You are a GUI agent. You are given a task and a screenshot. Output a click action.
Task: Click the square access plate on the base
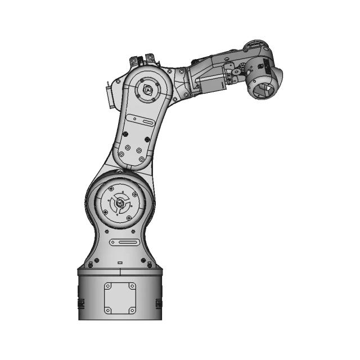tap(119, 298)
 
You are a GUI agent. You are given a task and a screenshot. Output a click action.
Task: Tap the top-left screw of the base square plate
tap(107, 286)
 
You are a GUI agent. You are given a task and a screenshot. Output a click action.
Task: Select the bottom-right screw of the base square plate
tap(132, 311)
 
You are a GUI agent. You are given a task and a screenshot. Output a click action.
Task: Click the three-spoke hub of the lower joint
tap(119, 203)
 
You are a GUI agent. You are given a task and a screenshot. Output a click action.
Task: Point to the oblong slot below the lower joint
tap(125, 242)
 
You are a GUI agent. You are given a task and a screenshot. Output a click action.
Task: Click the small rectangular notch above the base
tap(119, 263)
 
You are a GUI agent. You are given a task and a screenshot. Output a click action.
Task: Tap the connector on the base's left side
tap(80, 304)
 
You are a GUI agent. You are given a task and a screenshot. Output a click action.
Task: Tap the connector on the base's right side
tap(159, 304)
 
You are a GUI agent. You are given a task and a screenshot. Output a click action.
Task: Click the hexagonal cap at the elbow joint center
tap(147, 89)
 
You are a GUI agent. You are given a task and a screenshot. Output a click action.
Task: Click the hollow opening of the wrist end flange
tap(262, 88)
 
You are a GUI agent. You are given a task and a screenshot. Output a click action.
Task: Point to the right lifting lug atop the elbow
tap(150, 58)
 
